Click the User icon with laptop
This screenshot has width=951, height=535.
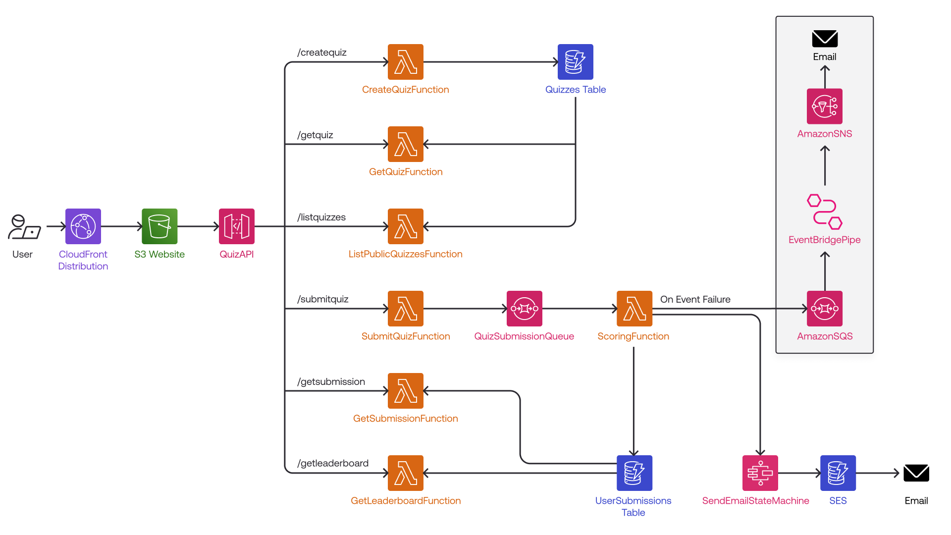(24, 227)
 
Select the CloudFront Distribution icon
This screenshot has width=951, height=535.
(83, 226)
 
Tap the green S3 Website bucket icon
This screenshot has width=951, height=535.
(159, 226)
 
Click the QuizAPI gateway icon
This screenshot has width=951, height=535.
(237, 226)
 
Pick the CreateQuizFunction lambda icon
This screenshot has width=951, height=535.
(406, 62)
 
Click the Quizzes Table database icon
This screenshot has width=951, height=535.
(576, 62)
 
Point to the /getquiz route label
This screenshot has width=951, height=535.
(315, 135)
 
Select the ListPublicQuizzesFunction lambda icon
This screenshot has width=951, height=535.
(406, 226)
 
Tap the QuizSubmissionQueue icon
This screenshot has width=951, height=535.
(525, 309)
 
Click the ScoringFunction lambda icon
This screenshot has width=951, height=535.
(634, 309)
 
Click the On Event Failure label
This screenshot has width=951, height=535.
(695, 299)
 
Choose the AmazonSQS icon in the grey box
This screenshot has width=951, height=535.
(825, 309)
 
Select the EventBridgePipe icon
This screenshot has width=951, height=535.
(825, 212)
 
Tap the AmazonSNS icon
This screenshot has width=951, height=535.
(825, 107)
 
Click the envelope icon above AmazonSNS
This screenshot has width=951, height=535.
(825, 39)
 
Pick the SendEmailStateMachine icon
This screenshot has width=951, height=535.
(760, 473)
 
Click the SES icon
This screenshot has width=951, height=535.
(838, 473)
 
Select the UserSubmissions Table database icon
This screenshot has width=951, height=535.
(634, 473)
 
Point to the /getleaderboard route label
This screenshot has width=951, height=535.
(333, 463)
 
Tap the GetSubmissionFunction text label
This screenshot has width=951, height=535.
(406, 419)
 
